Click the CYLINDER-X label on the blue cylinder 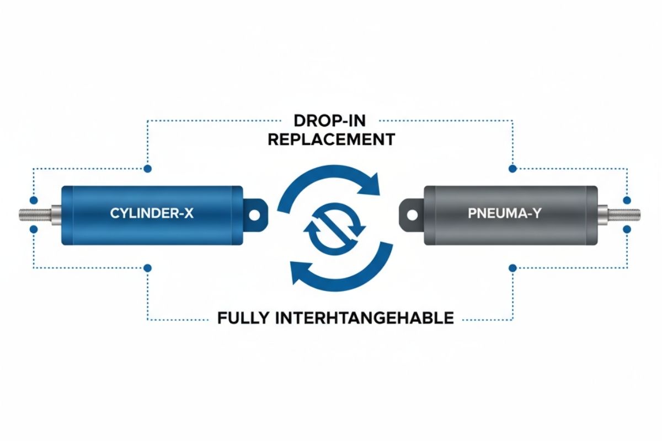tap(152, 213)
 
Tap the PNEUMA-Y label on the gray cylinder tap(505, 213)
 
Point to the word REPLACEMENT tap(331, 139)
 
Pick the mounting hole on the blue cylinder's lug tap(254, 213)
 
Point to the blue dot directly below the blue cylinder tap(147, 268)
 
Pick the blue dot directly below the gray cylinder tap(512, 268)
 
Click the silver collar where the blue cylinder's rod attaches tap(56, 213)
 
